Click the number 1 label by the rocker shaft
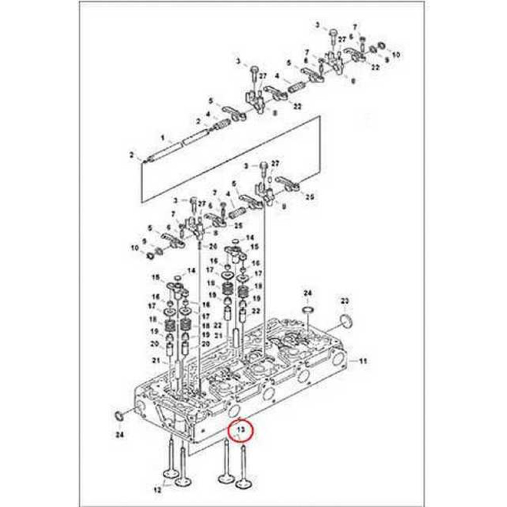click(x=163, y=138)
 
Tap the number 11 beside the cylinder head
click(x=363, y=361)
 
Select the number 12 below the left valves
click(x=157, y=490)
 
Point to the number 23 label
click(x=345, y=302)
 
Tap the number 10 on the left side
click(x=134, y=247)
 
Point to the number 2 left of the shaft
click(x=131, y=154)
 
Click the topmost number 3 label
click(x=318, y=25)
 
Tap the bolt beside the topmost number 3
click(x=333, y=34)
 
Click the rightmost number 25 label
click(x=309, y=197)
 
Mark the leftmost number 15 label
click(x=156, y=277)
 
